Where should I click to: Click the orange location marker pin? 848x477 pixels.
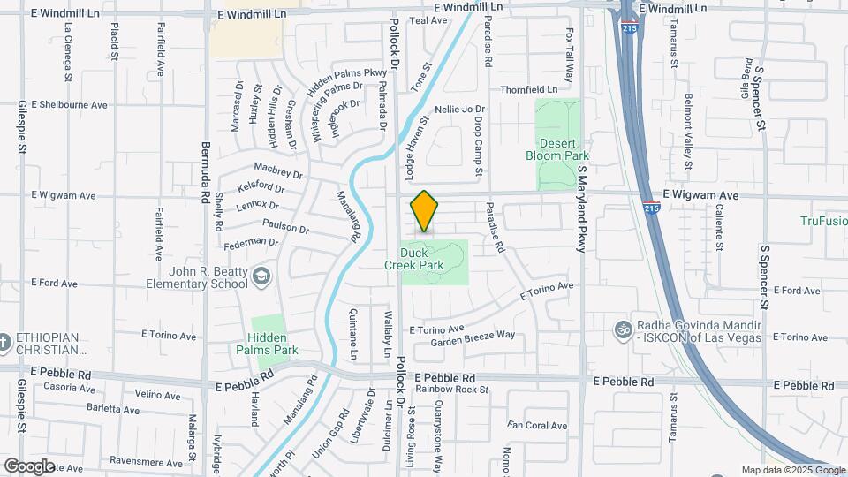point(425,211)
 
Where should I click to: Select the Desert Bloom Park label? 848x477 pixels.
point(557,149)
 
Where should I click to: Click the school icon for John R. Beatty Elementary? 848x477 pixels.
point(261,277)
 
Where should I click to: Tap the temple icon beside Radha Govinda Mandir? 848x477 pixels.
point(623,329)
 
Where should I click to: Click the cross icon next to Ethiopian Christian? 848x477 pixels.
point(5,342)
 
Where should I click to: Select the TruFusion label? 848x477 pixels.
point(823,221)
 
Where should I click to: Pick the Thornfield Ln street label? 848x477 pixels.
point(529,89)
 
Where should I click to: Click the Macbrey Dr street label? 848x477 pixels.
point(277,167)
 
